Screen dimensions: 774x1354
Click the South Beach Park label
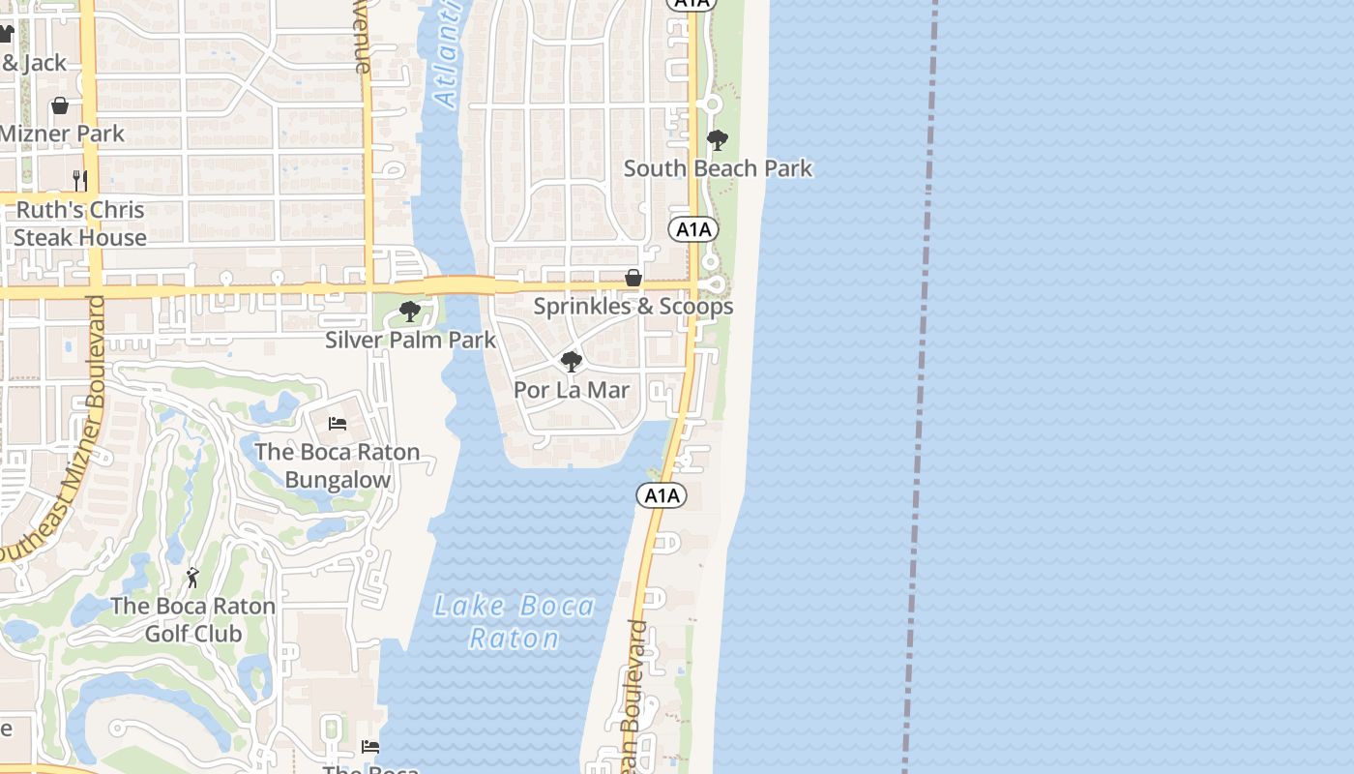(x=718, y=168)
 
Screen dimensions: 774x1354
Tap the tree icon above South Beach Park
(x=717, y=140)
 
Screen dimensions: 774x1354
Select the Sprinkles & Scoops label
(x=633, y=307)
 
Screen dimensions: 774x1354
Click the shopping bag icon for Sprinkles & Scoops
(x=633, y=279)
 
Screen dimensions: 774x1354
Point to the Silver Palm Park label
(x=410, y=340)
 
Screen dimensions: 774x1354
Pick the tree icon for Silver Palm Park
(x=410, y=312)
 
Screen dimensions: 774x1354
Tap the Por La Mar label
(x=572, y=390)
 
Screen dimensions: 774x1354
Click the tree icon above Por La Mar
(x=572, y=362)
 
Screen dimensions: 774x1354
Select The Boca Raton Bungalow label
(x=338, y=465)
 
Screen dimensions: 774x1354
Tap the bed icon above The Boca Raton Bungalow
(x=338, y=424)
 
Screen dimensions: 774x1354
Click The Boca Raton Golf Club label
(x=193, y=619)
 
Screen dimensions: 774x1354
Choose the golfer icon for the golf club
(x=192, y=578)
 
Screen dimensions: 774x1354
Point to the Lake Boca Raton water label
(x=515, y=622)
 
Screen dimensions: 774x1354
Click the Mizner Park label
(x=62, y=134)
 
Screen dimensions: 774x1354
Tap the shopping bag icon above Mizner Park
(x=60, y=105)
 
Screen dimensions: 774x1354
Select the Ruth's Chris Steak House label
(x=80, y=223)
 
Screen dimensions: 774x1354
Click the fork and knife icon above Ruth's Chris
(x=80, y=181)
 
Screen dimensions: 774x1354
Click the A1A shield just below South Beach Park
(x=693, y=229)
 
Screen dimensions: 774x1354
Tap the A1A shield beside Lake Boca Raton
(x=662, y=496)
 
